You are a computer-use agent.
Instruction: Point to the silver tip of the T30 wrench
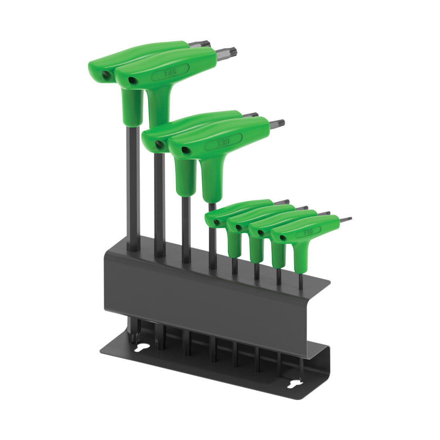click(277, 123)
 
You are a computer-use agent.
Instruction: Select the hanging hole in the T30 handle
click(184, 150)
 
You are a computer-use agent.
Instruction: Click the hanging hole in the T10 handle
click(283, 238)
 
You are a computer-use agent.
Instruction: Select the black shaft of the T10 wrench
click(300, 274)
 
